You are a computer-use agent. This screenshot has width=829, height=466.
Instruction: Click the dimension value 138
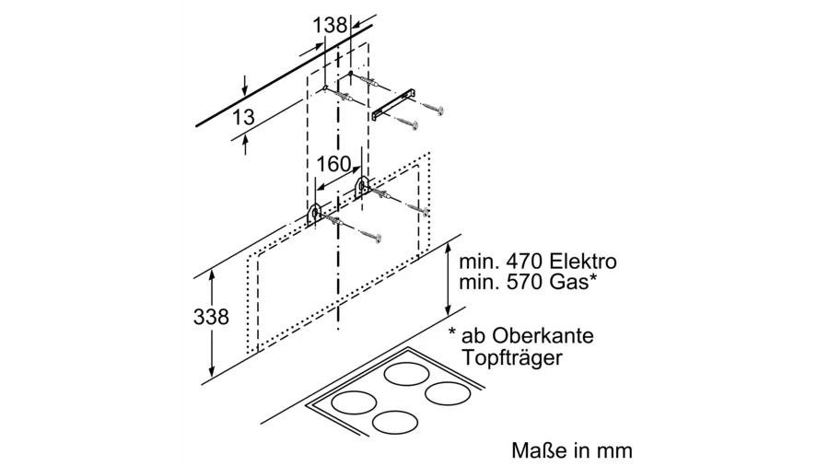tap(330, 25)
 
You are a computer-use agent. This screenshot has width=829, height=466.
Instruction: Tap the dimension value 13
tap(243, 118)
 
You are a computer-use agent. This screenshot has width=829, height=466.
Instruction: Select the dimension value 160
tap(333, 164)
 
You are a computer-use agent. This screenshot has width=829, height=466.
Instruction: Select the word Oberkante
tap(542, 335)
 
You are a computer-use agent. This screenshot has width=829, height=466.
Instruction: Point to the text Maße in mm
tap(572, 450)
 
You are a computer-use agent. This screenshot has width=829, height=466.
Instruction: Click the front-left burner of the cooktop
tap(350, 403)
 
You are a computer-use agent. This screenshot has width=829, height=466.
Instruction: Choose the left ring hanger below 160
tap(315, 214)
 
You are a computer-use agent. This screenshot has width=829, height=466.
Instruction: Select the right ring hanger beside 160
tap(362, 186)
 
